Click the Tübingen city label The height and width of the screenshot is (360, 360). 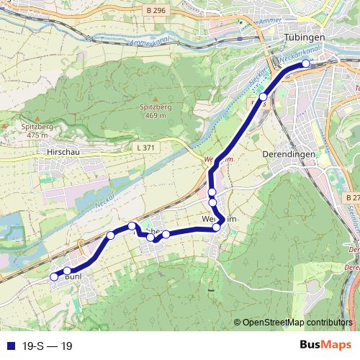305,37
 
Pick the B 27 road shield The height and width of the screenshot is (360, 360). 351,197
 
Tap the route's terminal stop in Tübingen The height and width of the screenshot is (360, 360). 306,64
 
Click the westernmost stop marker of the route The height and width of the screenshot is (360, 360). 53,276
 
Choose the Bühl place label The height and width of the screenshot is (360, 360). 72,276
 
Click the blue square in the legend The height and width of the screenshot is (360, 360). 7,346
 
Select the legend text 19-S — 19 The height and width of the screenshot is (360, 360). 47,346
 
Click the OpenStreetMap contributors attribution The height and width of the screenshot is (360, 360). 297,323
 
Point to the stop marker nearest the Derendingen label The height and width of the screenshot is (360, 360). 264,96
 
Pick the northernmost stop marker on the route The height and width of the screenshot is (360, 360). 306,64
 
